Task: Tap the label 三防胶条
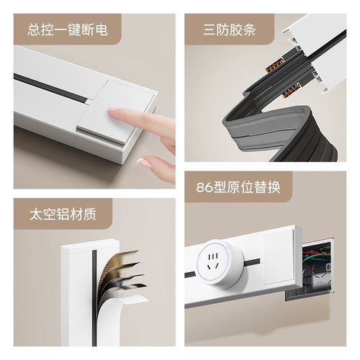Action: (x=230, y=30)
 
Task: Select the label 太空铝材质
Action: (x=63, y=215)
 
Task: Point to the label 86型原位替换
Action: (x=238, y=189)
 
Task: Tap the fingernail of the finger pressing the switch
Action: (x=114, y=111)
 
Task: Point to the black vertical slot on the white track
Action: (x=93, y=288)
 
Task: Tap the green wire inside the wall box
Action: (x=315, y=253)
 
